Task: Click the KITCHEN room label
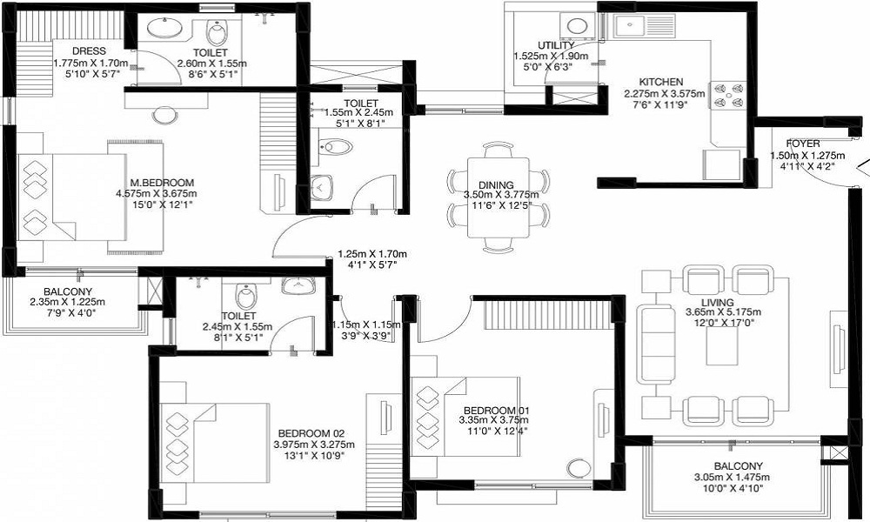[x=661, y=82]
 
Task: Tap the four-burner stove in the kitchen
[x=729, y=96]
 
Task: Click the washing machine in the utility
[x=578, y=26]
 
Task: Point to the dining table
[x=499, y=197]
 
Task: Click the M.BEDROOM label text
[x=162, y=183]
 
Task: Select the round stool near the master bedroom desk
[x=164, y=116]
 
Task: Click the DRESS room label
[x=89, y=51]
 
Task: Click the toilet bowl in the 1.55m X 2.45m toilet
[x=336, y=147]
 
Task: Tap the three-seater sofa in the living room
[x=656, y=344]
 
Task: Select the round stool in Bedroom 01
[x=579, y=468]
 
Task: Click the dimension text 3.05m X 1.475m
[x=732, y=477]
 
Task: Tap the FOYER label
[x=803, y=144]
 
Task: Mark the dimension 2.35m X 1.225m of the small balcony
[x=68, y=303]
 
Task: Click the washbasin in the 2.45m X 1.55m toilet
[x=298, y=285]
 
